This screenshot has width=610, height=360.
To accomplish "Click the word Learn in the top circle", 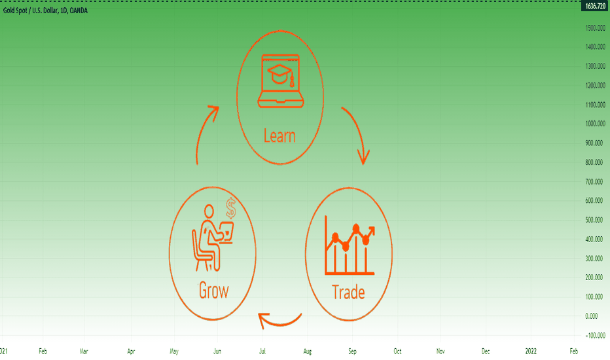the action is (279, 136).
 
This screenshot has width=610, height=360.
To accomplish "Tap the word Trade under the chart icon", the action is (348, 292).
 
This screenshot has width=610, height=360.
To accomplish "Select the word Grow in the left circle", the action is (213, 291).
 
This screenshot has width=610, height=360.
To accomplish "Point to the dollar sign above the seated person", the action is (231, 208).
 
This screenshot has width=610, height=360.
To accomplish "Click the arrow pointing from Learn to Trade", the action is (358, 132).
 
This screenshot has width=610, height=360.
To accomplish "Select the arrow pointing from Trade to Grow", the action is (279, 321).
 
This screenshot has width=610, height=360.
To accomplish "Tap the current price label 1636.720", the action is (595, 7).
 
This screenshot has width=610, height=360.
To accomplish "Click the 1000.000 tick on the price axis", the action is (595, 123).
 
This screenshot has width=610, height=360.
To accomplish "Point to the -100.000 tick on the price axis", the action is (595, 335).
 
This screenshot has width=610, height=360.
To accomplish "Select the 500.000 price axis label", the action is (595, 219).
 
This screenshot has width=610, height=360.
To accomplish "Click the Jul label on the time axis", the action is (262, 351).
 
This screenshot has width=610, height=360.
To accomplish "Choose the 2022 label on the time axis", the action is (531, 351).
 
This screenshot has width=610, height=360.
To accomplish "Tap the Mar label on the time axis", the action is (84, 351).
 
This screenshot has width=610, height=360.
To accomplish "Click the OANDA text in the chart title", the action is (79, 10).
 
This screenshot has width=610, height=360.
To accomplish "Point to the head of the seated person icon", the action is (209, 211).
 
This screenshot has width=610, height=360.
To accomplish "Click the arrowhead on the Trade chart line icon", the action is (370, 230).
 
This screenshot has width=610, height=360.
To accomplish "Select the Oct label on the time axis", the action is (397, 351).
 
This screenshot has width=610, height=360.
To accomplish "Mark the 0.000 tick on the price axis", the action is (591, 315).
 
